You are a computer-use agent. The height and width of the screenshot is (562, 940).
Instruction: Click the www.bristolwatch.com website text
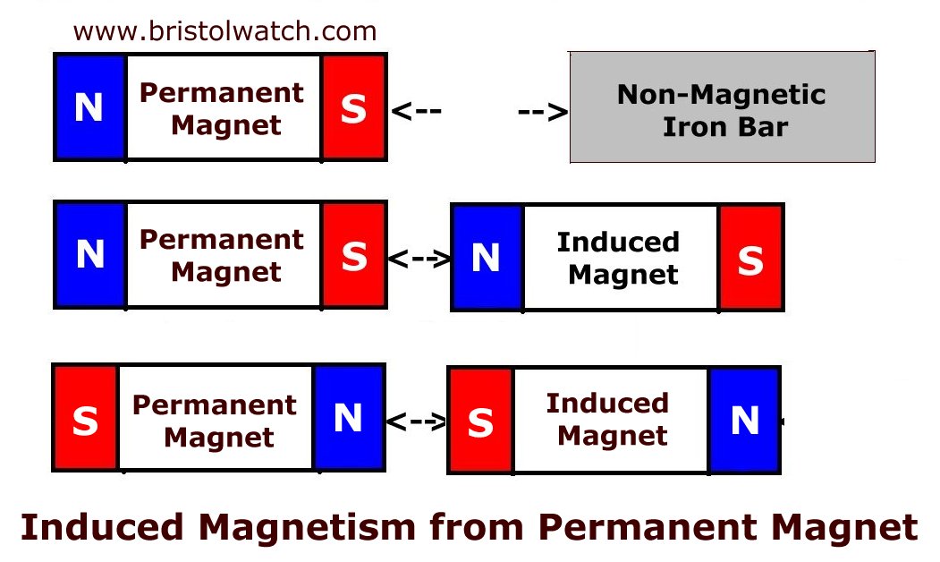point(224,31)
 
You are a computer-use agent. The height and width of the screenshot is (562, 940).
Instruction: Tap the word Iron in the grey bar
point(694,127)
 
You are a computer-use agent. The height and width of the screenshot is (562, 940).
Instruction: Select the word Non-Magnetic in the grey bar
point(721,95)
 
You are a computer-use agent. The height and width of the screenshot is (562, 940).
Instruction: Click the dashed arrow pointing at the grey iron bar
point(543,112)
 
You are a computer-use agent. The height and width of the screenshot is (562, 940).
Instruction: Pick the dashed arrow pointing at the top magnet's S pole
point(417,111)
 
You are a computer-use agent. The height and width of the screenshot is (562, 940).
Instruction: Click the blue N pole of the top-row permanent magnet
point(90,107)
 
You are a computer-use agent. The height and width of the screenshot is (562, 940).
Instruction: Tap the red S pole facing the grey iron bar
point(353,107)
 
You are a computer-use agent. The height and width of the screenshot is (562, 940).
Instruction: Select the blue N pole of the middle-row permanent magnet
point(90,255)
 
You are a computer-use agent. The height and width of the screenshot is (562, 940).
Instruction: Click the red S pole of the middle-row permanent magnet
point(353,255)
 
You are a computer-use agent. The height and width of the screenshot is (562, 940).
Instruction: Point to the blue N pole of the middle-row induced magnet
point(487,258)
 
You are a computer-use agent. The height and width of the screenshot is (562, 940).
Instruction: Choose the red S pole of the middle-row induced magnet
point(750,258)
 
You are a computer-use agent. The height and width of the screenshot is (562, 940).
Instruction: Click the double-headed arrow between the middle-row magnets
point(419,260)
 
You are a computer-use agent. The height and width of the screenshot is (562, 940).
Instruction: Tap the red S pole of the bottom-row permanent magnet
point(86,418)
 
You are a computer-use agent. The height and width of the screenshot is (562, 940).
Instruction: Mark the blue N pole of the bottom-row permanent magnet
point(348,418)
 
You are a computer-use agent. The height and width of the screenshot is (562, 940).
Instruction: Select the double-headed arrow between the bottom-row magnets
point(417,421)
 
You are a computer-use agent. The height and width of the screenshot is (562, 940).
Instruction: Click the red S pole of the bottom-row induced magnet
point(481,421)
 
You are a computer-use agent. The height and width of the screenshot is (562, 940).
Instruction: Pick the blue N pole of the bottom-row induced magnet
point(744,421)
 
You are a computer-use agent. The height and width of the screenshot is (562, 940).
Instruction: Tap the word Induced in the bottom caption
point(102,527)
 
